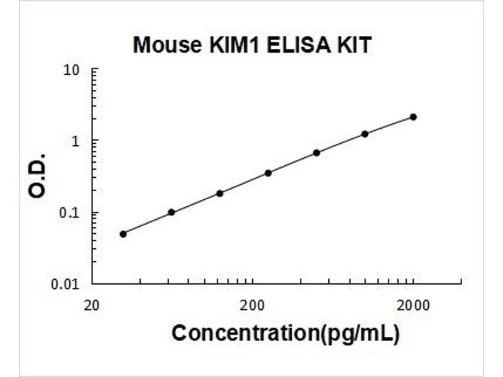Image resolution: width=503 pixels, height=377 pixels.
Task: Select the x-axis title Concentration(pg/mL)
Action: pos(285,333)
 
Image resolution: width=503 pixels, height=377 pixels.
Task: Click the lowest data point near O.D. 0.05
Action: pos(123,234)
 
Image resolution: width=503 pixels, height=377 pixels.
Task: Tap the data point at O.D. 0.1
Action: pos(171,212)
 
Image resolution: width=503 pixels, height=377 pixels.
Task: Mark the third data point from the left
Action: pos(219,193)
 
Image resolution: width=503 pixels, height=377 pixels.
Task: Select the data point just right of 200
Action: pos(268,173)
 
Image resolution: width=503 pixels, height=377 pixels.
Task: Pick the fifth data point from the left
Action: pos(316,153)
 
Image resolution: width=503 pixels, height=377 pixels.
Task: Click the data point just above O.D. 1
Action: pos(365,134)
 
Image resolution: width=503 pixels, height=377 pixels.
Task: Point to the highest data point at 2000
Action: pos(413,117)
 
